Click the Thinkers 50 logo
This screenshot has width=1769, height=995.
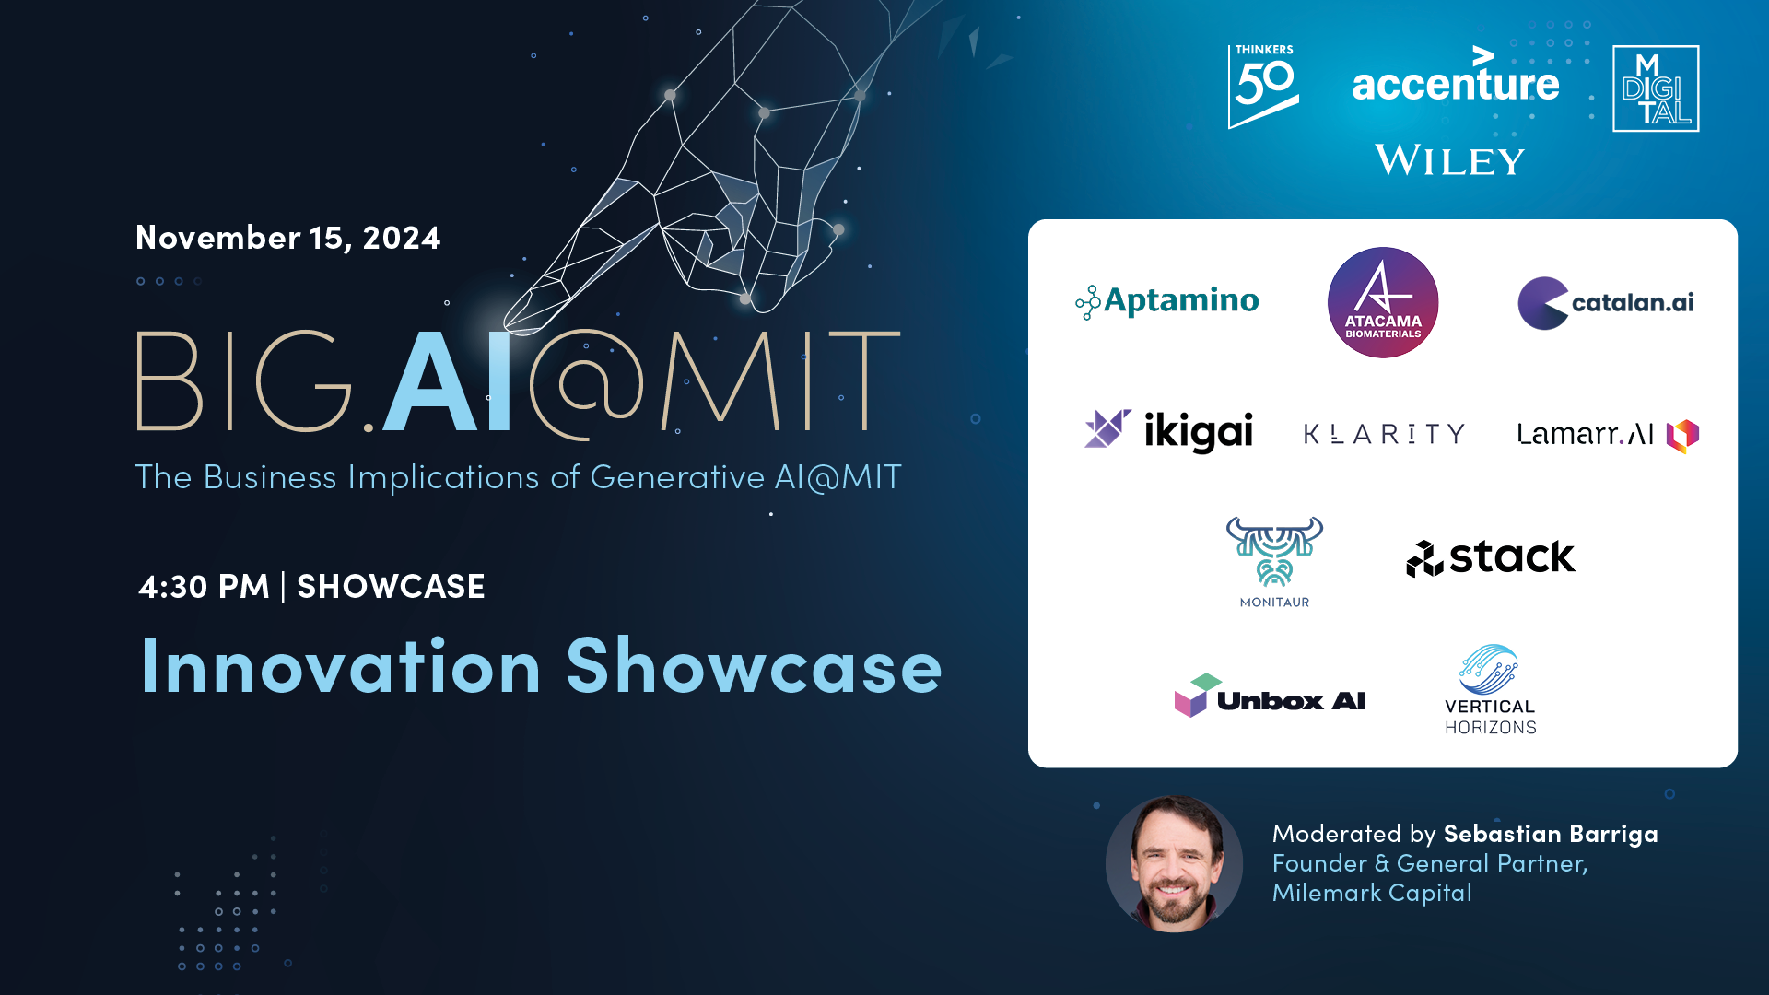1263,87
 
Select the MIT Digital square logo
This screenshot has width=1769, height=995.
1656,88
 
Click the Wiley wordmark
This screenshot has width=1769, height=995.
1450,160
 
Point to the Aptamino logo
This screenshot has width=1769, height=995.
1166,301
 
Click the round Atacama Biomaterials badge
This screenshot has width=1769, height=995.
1383,302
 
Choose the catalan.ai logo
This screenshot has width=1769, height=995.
1606,303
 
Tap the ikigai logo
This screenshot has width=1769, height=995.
1168,431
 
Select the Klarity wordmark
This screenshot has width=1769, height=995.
1384,434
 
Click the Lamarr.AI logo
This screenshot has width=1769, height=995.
1608,434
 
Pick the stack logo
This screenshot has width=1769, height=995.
1491,557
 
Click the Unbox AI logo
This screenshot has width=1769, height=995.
1270,696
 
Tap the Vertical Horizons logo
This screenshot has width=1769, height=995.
1490,689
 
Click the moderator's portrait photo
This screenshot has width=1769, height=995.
1174,864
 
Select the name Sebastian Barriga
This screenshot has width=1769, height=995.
1551,834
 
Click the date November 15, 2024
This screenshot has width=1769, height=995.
288,238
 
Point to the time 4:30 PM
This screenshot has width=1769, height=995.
204,587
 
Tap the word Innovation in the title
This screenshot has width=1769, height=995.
340,665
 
